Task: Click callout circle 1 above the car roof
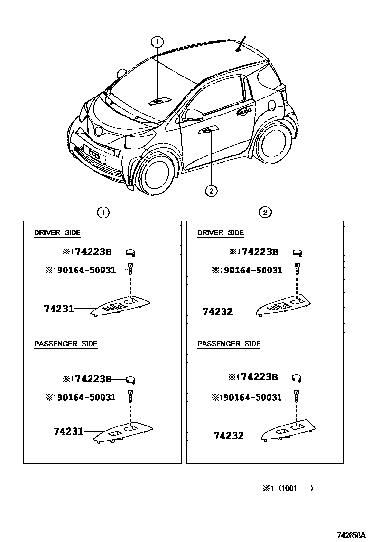pos(157,42)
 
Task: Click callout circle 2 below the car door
pos(211,191)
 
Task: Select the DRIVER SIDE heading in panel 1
pos(57,233)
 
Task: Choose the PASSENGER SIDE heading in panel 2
pos(229,344)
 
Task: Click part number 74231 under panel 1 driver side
pos(58,308)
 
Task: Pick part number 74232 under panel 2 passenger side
pos(228,435)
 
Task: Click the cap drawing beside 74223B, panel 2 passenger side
pos(297,377)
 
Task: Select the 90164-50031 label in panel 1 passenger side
pos(88,397)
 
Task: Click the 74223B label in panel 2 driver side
pos(259,252)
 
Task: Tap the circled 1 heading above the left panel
pos(103,212)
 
